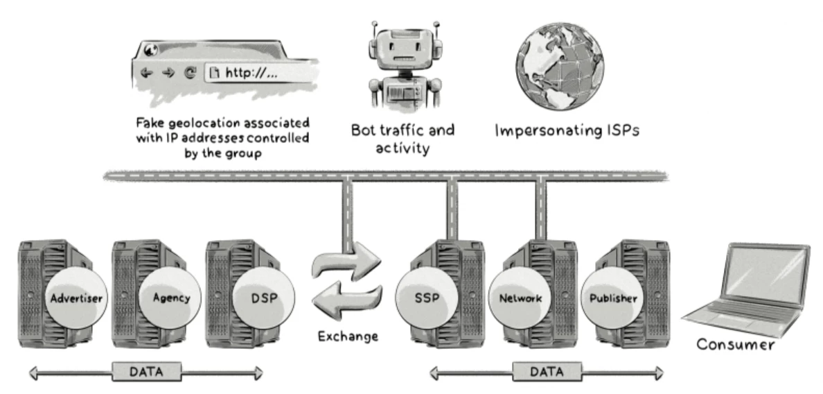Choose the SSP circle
tap(429, 299)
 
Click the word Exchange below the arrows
tap(348, 337)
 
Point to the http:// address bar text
tap(251, 74)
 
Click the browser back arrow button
tap(145, 74)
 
